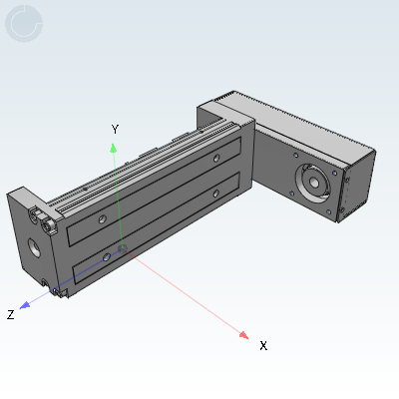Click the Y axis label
[115, 129]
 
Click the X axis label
[263, 346]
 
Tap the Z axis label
[11, 314]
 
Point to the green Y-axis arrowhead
[114, 148]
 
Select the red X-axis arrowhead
[244, 335]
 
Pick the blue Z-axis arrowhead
[25, 305]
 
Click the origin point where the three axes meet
[123, 248]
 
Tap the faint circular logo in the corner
[24, 24]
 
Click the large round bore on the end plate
[34, 248]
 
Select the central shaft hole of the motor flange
[314, 183]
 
